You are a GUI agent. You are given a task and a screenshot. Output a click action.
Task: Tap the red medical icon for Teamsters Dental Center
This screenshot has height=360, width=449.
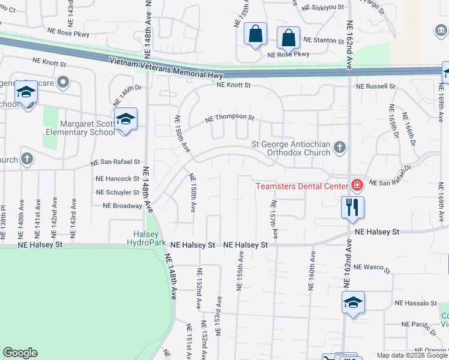click(x=357, y=185)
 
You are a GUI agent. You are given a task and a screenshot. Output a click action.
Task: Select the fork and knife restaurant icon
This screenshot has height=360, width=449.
click(x=352, y=208)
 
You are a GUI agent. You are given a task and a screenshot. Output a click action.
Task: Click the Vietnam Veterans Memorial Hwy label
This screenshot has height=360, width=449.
click(x=166, y=66)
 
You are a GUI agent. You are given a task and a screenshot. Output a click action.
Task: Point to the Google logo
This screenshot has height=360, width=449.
click(x=20, y=353)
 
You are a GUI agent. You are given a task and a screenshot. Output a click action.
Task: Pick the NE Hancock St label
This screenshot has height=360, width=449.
click(x=117, y=179)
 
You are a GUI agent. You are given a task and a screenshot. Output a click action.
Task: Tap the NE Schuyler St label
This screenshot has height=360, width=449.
click(x=118, y=193)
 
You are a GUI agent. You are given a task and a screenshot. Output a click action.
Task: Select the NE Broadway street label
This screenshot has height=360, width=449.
click(x=122, y=205)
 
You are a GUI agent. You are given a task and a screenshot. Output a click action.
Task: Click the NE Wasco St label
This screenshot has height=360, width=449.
click(x=372, y=267)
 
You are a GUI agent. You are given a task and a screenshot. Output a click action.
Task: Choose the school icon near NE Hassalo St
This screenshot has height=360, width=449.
click(x=353, y=302)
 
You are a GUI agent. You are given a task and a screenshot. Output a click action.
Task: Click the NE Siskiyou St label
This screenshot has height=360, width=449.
click(x=323, y=8)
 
